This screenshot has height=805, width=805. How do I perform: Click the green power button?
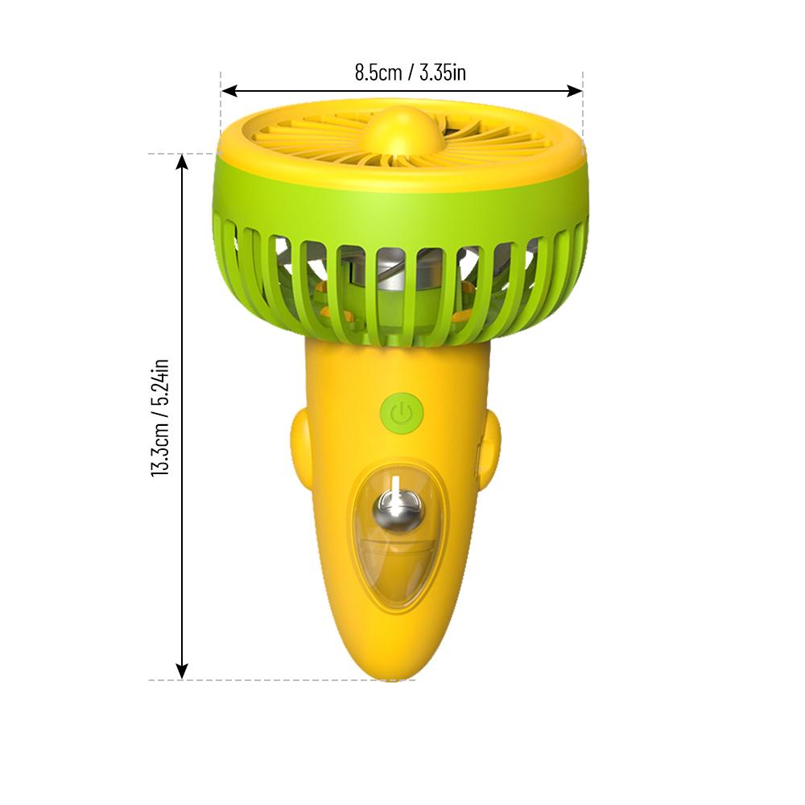tap(402, 413)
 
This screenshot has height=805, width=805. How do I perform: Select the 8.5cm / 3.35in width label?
tap(411, 72)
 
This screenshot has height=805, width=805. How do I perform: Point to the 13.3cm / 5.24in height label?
tap(160, 418)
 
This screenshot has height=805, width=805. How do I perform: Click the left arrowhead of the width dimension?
tap(229, 92)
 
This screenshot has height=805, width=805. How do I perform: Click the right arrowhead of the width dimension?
tap(575, 92)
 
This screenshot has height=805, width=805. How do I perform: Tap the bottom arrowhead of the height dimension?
tap(182, 671)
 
